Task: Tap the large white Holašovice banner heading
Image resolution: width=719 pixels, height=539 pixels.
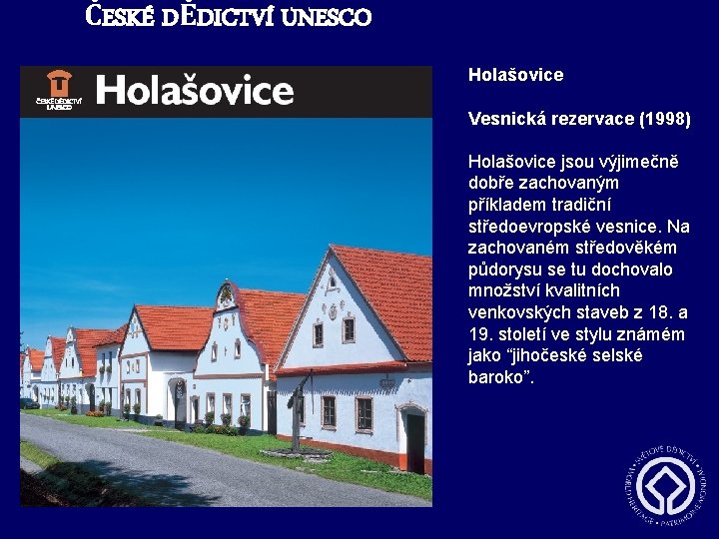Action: pos(195,90)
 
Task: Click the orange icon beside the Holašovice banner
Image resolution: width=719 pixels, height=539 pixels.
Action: pos(59,84)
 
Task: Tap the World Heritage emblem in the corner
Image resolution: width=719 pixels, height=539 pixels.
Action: pos(665,486)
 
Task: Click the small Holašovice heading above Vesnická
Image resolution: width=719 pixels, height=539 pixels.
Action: pos(515,75)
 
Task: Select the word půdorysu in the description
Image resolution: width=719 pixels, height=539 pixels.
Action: pos(507,269)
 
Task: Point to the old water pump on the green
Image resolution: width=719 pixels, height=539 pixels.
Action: pos(295,419)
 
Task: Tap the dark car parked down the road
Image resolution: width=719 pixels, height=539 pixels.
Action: pos(31,404)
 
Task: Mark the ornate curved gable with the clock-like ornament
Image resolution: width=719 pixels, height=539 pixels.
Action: pos(227,296)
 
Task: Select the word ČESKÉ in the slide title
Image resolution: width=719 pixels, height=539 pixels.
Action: pos(117,17)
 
